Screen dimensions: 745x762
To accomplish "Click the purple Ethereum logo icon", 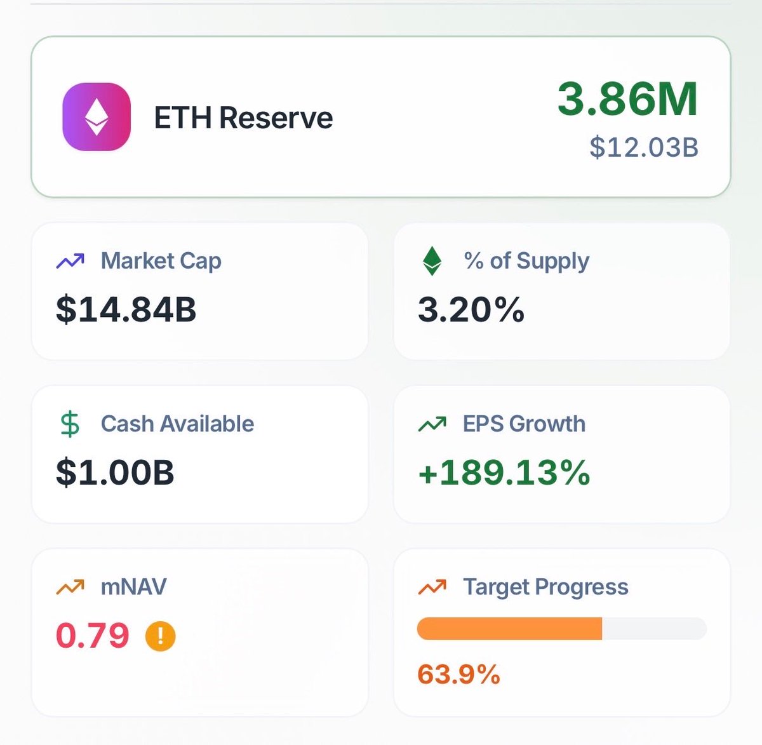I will click(x=97, y=117).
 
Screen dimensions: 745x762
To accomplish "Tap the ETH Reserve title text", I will click(x=243, y=118).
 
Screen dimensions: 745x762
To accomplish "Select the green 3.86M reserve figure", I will click(x=627, y=99).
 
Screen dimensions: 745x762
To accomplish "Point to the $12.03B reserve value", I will click(x=643, y=147).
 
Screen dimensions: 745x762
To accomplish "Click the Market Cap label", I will click(x=161, y=261).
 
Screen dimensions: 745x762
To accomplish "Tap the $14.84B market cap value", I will click(x=126, y=309).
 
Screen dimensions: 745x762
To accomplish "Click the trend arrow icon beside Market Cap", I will click(x=70, y=261).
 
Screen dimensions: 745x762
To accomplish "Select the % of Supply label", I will click(x=526, y=261).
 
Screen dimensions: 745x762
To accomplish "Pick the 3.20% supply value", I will click(x=471, y=309).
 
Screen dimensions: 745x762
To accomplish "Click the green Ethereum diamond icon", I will click(x=432, y=261).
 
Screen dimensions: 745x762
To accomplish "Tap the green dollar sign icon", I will click(x=70, y=424).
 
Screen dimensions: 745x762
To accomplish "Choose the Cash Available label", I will click(x=177, y=424).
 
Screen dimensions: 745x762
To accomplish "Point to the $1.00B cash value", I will click(x=115, y=473).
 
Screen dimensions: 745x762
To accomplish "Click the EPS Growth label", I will click(x=524, y=424).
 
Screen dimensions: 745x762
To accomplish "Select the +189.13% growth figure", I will click(x=504, y=473).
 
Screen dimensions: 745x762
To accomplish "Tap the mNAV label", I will click(x=133, y=587).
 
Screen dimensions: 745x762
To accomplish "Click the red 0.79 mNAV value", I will click(x=93, y=636).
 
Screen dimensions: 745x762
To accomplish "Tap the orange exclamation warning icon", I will click(x=160, y=636).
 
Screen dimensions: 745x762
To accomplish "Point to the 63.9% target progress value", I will click(x=458, y=675).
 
